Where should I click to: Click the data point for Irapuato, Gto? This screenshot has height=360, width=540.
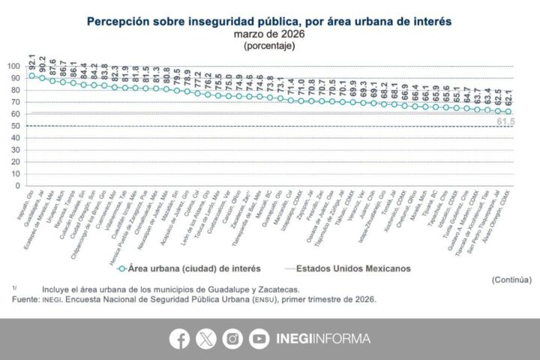(x=31, y=76)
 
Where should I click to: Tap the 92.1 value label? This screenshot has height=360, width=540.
(x=31, y=60)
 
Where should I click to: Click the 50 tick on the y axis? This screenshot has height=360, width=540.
(x=13, y=125)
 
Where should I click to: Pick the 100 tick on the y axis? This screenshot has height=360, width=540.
(x=11, y=66)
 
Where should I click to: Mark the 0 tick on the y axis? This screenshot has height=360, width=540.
(x=15, y=185)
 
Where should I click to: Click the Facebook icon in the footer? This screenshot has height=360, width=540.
(x=179, y=339)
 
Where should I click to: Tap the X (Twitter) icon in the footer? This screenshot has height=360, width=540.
(x=206, y=339)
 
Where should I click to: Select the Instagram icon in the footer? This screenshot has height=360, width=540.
(x=232, y=339)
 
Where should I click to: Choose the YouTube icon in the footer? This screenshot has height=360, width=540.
(x=259, y=339)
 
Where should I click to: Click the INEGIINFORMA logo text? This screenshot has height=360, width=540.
(x=322, y=339)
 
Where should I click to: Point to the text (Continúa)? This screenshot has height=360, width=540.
(x=512, y=279)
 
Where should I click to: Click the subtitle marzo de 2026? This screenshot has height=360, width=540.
(x=269, y=34)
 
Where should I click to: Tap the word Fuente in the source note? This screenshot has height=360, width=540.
(x=25, y=299)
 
